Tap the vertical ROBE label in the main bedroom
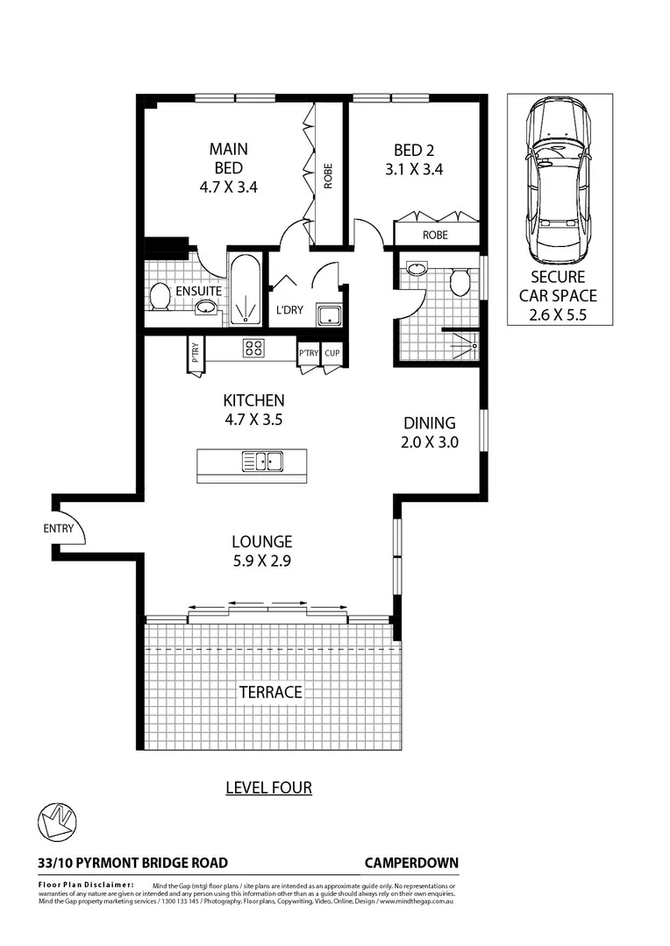(329, 176)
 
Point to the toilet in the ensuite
(160, 296)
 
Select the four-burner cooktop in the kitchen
(253, 348)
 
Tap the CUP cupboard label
(331, 353)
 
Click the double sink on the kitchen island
(261, 460)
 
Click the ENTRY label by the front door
(57, 528)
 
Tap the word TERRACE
(270, 692)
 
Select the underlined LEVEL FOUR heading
(268, 787)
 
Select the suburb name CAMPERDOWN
(410, 863)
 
